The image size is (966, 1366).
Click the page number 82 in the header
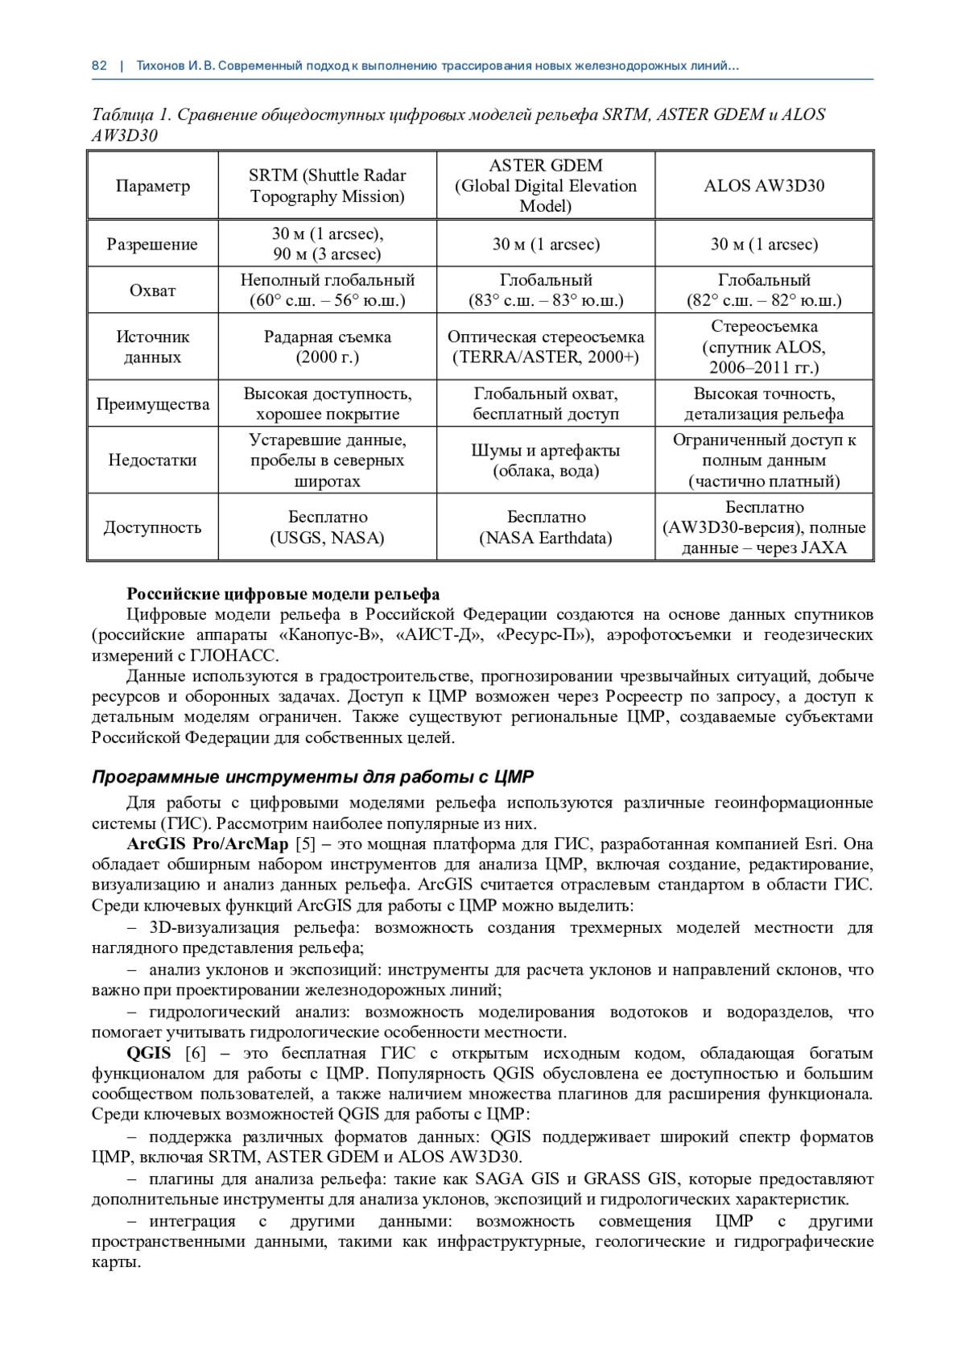[99, 66]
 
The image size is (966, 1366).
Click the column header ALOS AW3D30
[764, 186]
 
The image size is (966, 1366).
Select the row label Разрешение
[152, 244]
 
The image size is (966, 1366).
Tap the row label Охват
[152, 291]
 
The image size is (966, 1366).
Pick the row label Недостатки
[152, 460]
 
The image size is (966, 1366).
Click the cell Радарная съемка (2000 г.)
[328, 347]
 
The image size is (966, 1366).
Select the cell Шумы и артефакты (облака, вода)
[546, 460]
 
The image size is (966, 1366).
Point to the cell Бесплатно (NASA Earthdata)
[546, 527]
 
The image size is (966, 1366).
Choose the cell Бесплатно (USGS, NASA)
[328, 527]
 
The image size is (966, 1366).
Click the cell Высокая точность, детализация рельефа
[764, 404]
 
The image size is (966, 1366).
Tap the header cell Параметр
[152, 186]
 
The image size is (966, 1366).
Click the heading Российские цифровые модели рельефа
[283, 594]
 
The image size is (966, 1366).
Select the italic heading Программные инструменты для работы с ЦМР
[312, 777]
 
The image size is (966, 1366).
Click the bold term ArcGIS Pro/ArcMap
[208, 844]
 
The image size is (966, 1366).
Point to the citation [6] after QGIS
[196, 1054]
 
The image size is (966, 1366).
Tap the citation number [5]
[306, 844]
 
